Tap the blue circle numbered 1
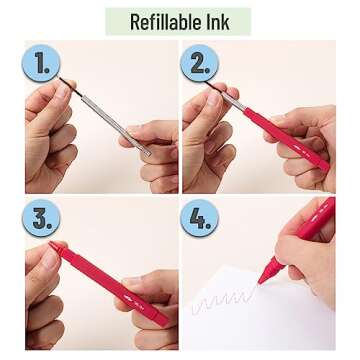coord(41,63)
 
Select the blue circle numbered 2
coord(200,63)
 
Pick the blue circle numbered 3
coord(41,218)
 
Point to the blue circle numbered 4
coord(200,218)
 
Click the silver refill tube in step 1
coord(116,125)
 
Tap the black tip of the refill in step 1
coord(71,87)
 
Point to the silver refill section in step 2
coord(233,102)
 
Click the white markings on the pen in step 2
coord(304,151)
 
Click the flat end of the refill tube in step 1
coord(147,153)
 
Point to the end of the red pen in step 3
coord(163,321)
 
